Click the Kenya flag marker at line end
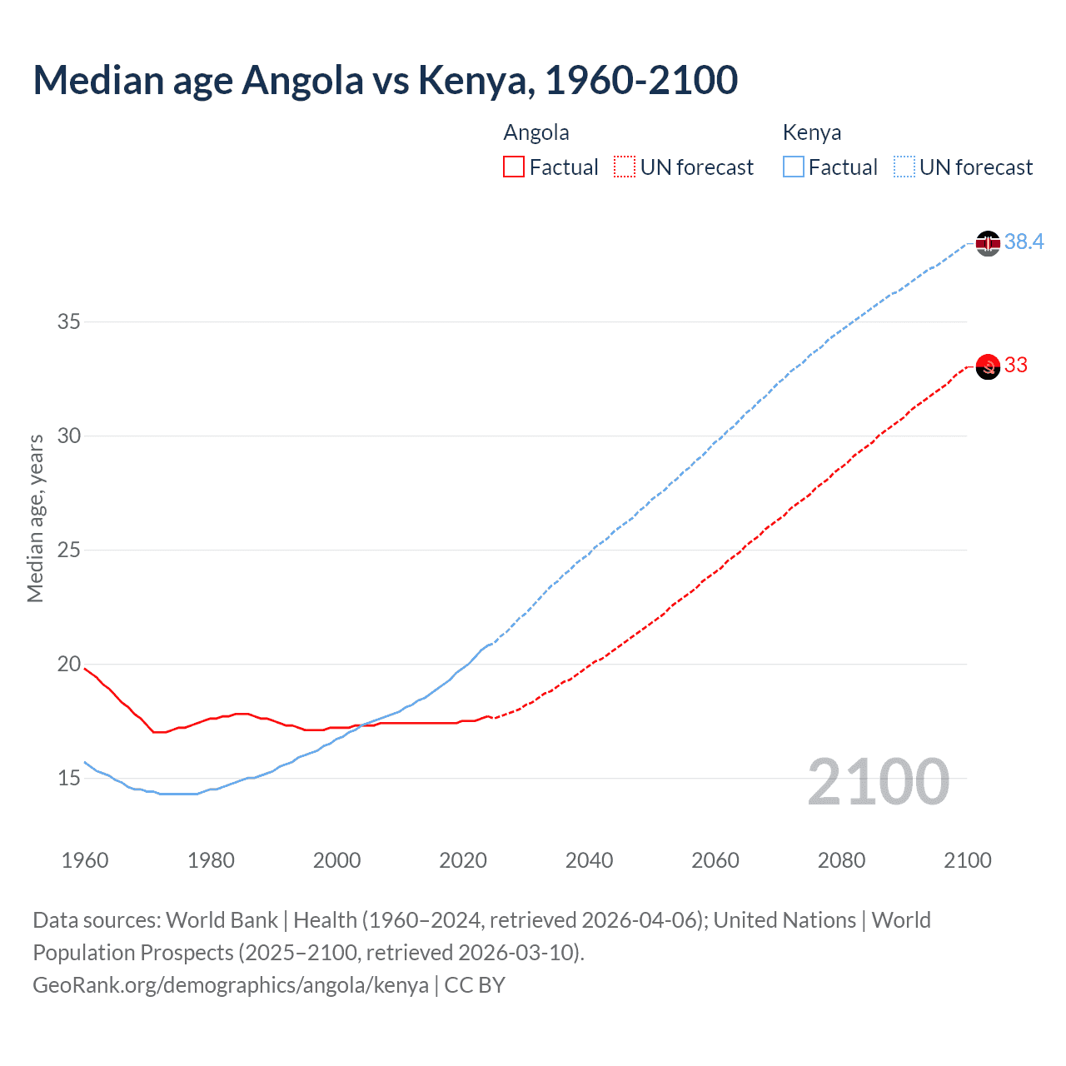click(987, 243)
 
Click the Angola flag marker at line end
click(987, 366)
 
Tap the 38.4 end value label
click(1024, 242)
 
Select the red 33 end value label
click(1016, 365)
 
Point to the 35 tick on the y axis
click(68, 321)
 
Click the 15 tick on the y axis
click(68, 779)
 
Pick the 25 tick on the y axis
click(68, 550)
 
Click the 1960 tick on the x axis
click(85, 860)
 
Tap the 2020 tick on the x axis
click(463, 860)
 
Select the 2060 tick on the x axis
click(715, 860)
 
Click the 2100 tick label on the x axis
click(968, 860)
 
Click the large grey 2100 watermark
click(879, 782)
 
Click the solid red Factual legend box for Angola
click(514, 167)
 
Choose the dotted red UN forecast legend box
click(625, 167)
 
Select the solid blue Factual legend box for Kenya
click(794, 167)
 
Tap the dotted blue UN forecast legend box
click(904, 167)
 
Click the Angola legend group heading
click(536, 132)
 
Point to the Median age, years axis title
click(35, 518)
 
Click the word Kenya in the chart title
click(474, 80)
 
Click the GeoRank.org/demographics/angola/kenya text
click(231, 985)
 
